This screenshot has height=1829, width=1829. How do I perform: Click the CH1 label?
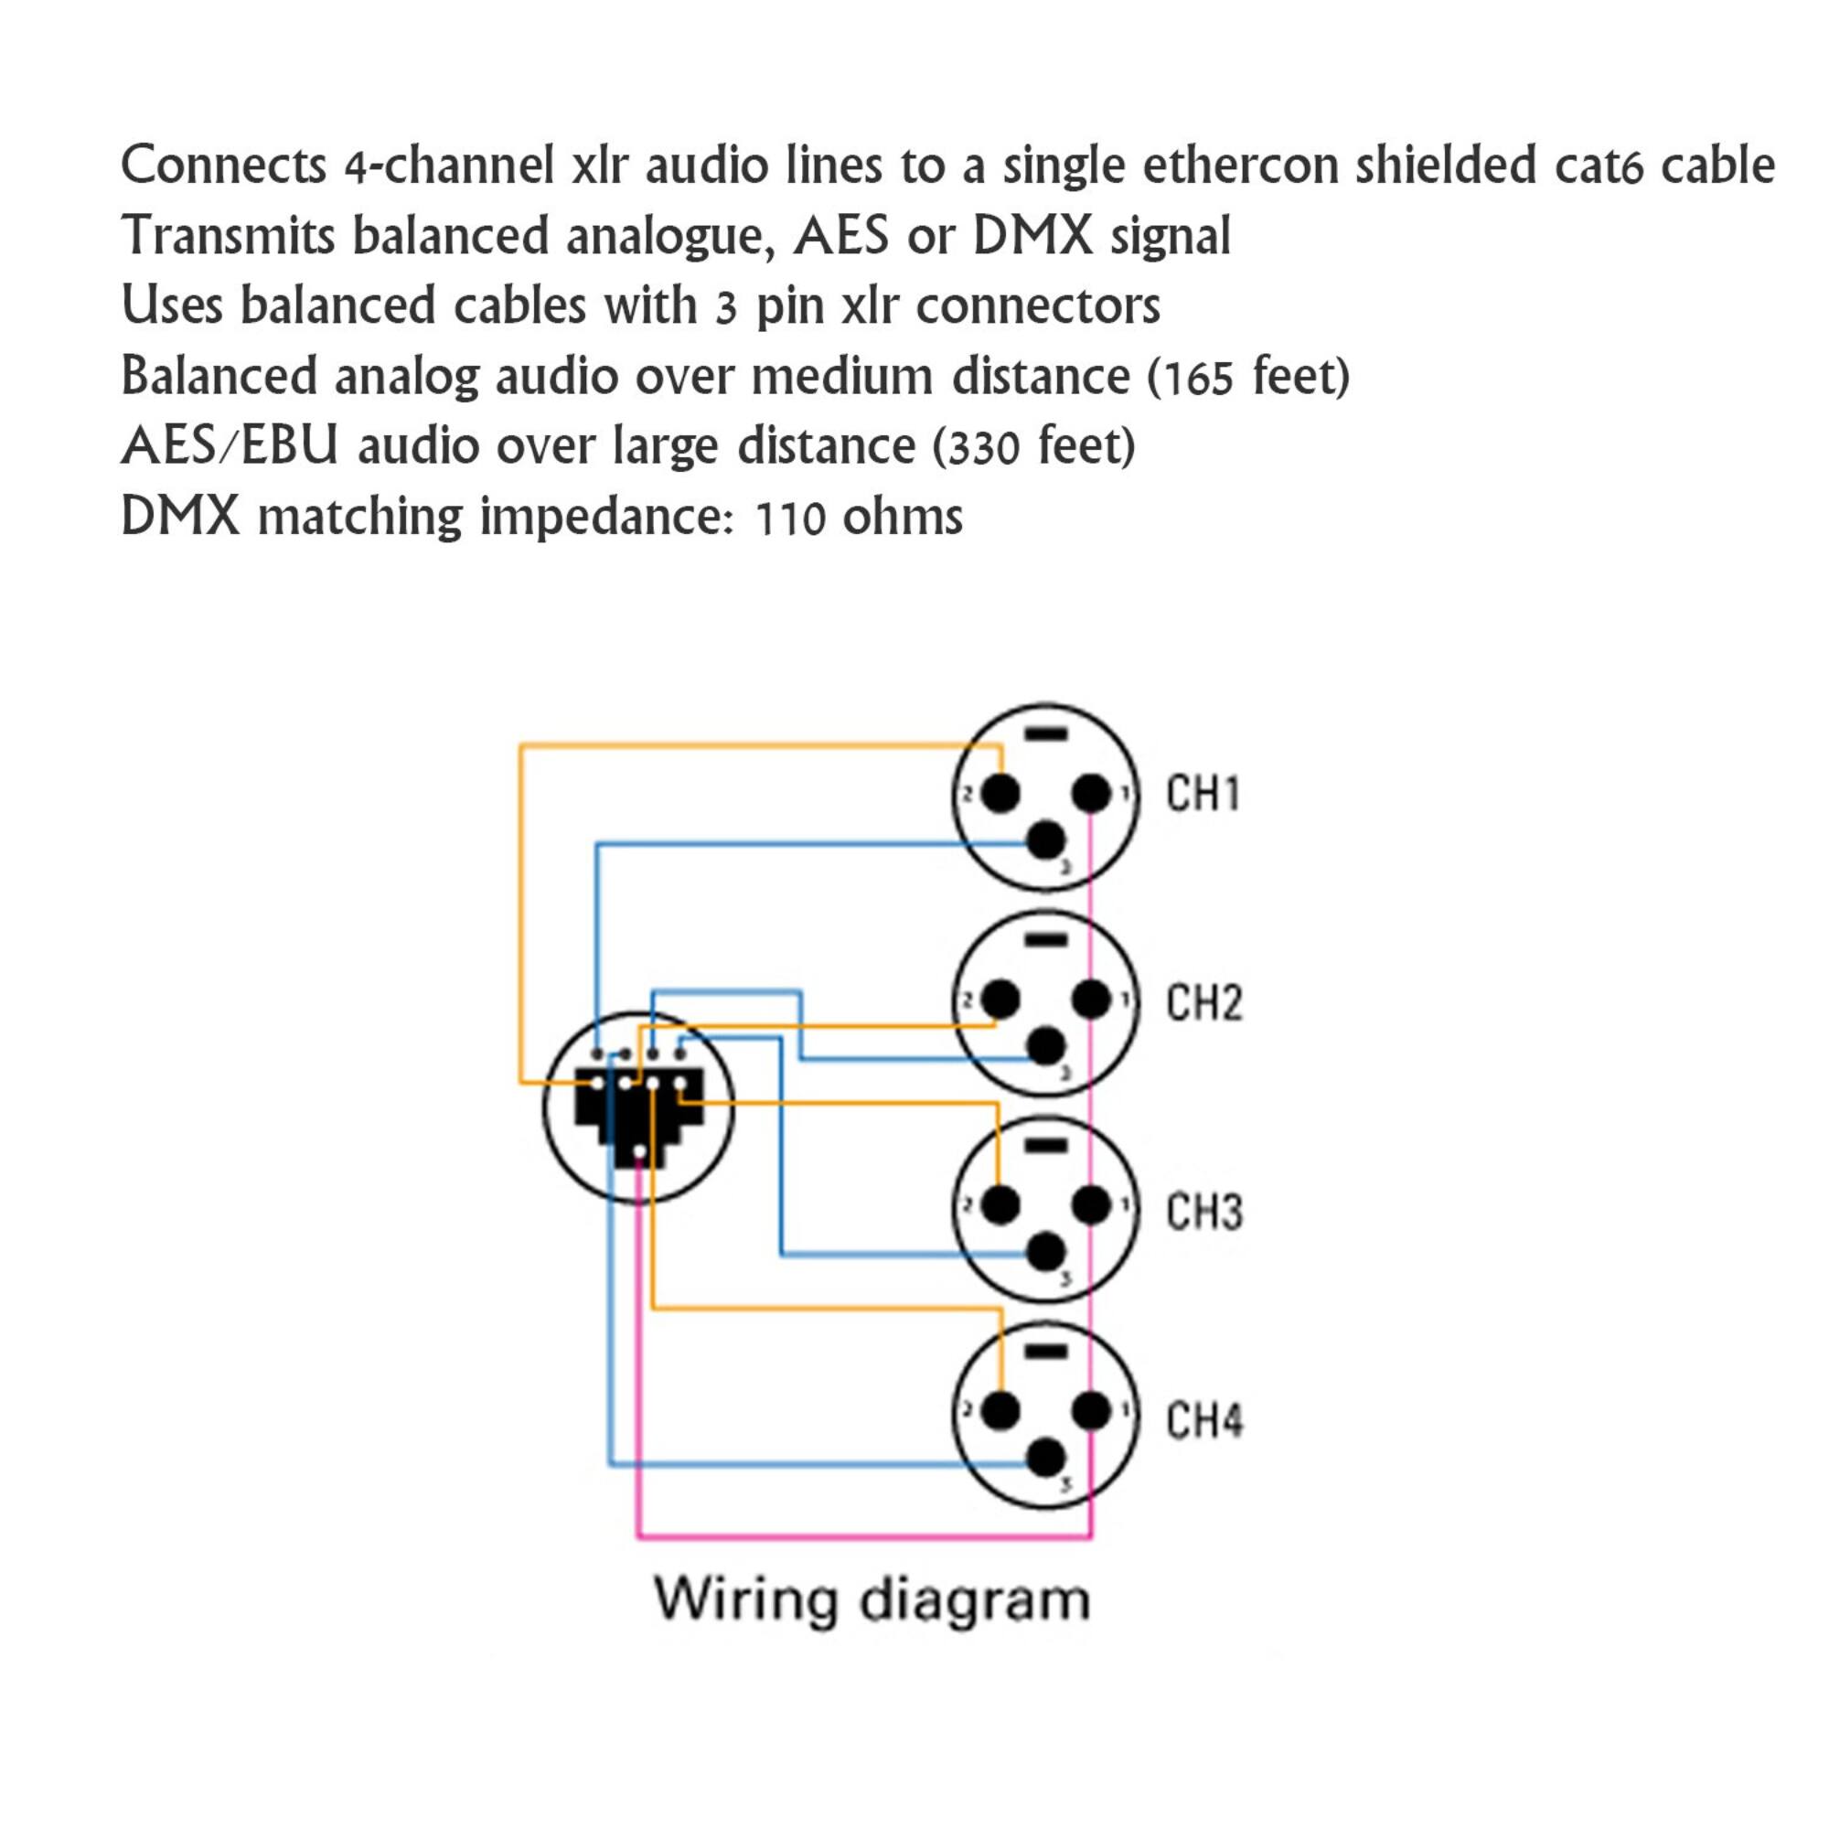[1203, 793]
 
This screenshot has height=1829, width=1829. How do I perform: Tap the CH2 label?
[1203, 1002]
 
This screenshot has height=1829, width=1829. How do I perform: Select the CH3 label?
[1203, 1212]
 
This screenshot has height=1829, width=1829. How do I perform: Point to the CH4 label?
[1203, 1420]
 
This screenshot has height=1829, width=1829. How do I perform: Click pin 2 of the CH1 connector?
[1000, 792]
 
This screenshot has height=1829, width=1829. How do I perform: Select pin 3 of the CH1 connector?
[1045, 839]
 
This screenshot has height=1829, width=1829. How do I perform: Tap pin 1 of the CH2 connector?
[1092, 999]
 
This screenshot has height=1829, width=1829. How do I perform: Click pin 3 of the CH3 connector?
[1045, 1253]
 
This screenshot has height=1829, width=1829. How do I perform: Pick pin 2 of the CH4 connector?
[1000, 1411]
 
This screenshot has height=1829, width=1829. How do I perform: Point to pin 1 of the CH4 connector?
[1092, 1411]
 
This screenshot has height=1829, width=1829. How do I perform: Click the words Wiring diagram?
[872, 1599]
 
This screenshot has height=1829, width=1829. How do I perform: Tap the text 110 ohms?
[859, 518]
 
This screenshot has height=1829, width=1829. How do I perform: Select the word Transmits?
[228, 236]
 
